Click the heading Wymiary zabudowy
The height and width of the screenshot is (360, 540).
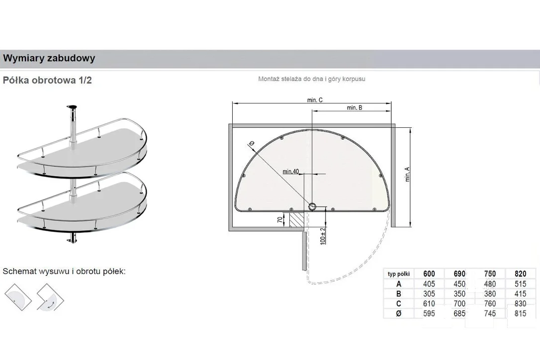click(49, 58)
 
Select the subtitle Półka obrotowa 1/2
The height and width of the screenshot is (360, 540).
click(47, 80)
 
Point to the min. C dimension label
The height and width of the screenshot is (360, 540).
click(315, 100)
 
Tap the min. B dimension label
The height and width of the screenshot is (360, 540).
click(355, 107)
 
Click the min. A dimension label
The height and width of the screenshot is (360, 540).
click(407, 175)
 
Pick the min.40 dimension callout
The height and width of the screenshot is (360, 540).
click(291, 171)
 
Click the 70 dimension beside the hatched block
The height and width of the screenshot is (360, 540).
click(280, 219)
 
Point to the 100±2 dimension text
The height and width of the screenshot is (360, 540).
click(323, 236)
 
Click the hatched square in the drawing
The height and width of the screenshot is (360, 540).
click(296, 220)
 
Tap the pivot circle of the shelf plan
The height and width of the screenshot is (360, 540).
click(312, 207)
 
